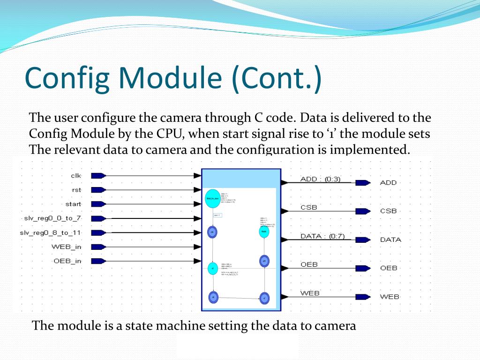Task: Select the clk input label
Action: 76,175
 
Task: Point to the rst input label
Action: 76,190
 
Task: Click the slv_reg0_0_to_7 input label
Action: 52,218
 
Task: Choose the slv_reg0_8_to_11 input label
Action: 50,232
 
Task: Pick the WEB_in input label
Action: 66,247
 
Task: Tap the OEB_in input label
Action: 67,261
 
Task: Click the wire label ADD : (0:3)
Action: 320,179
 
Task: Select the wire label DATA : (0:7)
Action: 322,236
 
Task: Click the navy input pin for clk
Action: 97,175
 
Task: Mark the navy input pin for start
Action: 97,204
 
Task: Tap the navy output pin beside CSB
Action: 363,211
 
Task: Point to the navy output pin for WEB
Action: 363,297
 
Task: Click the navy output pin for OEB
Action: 363,268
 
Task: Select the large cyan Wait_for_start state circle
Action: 212,198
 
